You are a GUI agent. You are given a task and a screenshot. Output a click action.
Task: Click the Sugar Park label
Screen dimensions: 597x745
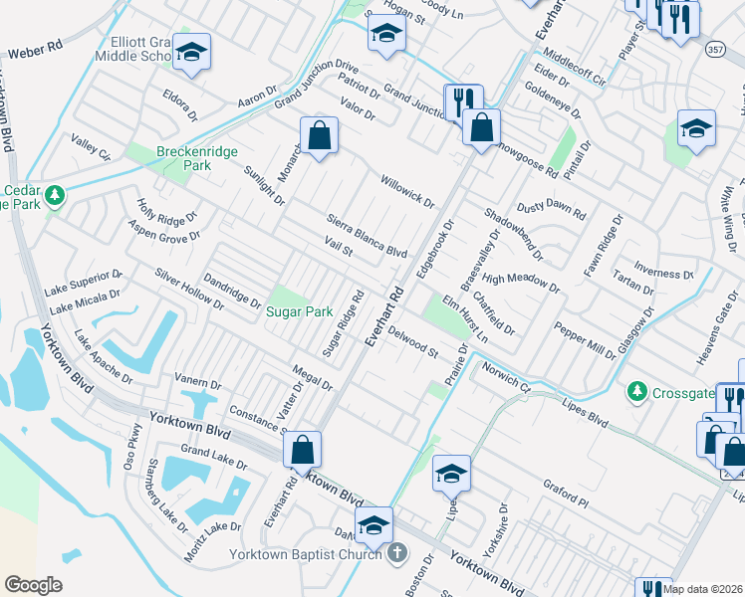(x=299, y=311)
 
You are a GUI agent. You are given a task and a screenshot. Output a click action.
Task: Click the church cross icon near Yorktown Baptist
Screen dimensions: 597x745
(x=396, y=553)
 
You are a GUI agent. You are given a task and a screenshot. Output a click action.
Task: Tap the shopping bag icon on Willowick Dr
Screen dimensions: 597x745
(x=319, y=137)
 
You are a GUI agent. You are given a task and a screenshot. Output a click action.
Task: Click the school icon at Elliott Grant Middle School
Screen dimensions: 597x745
(x=191, y=54)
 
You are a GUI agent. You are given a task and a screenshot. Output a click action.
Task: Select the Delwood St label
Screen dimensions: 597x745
(x=412, y=340)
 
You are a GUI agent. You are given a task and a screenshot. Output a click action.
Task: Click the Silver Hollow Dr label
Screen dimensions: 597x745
(x=189, y=288)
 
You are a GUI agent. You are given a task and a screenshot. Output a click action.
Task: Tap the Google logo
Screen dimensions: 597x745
(x=33, y=584)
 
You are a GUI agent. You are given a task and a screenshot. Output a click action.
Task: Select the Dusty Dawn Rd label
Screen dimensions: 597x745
(x=551, y=212)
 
